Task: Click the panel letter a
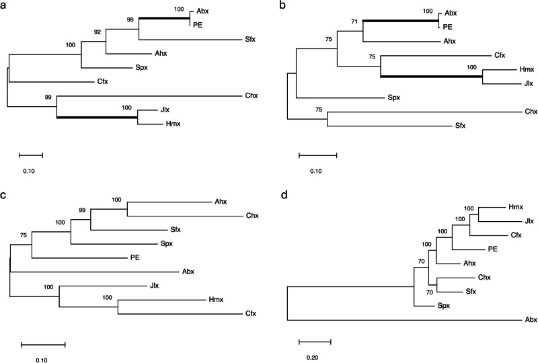point(4,5)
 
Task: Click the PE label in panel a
point(198,25)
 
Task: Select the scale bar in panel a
point(30,155)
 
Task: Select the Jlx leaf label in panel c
point(155,286)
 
